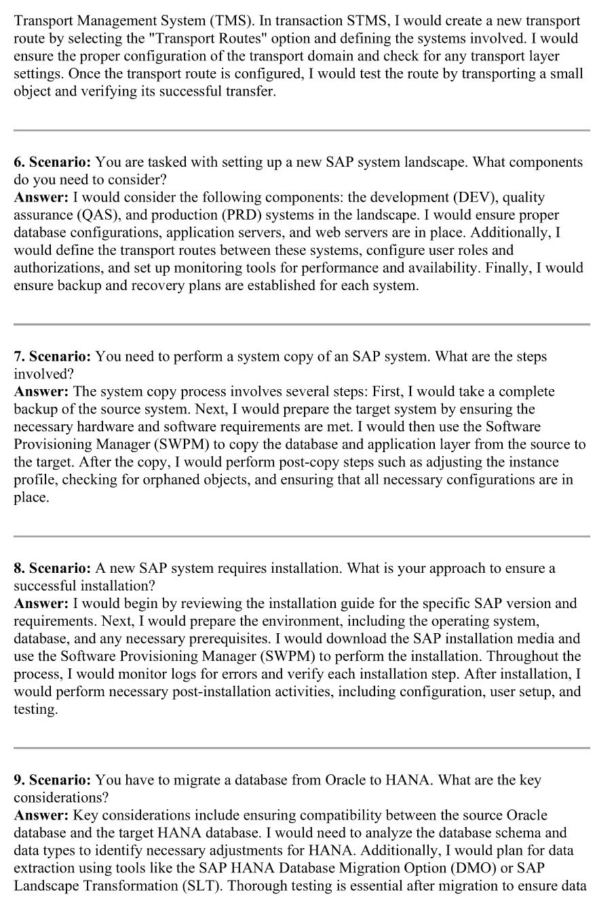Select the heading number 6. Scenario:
click(52, 163)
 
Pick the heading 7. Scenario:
click(52, 357)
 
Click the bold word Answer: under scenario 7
click(41, 392)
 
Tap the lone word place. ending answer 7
click(31, 498)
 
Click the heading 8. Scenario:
click(52, 568)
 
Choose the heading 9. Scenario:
click(52, 780)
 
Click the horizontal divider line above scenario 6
click(302, 130)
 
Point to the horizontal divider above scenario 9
click(302, 748)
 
